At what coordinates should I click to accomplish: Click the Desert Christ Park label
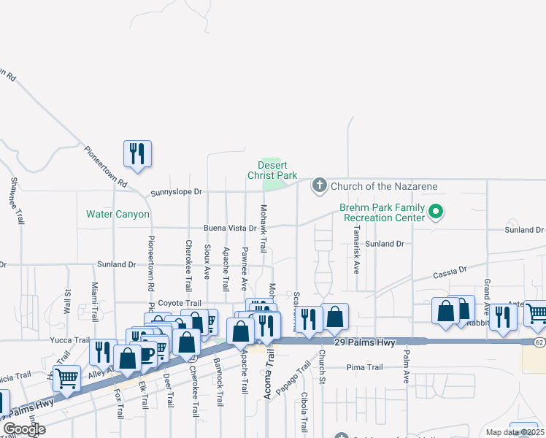272,170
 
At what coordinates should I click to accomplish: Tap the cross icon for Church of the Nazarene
319,185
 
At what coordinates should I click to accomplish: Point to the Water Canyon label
118,215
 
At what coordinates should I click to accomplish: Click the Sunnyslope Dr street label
176,193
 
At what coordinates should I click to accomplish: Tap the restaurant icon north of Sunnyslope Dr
136,153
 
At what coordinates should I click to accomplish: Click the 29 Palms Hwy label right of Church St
361,343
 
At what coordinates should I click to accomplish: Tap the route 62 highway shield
539,341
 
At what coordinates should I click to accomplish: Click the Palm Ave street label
407,366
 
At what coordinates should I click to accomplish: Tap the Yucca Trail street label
69,340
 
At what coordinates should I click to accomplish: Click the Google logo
25,429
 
